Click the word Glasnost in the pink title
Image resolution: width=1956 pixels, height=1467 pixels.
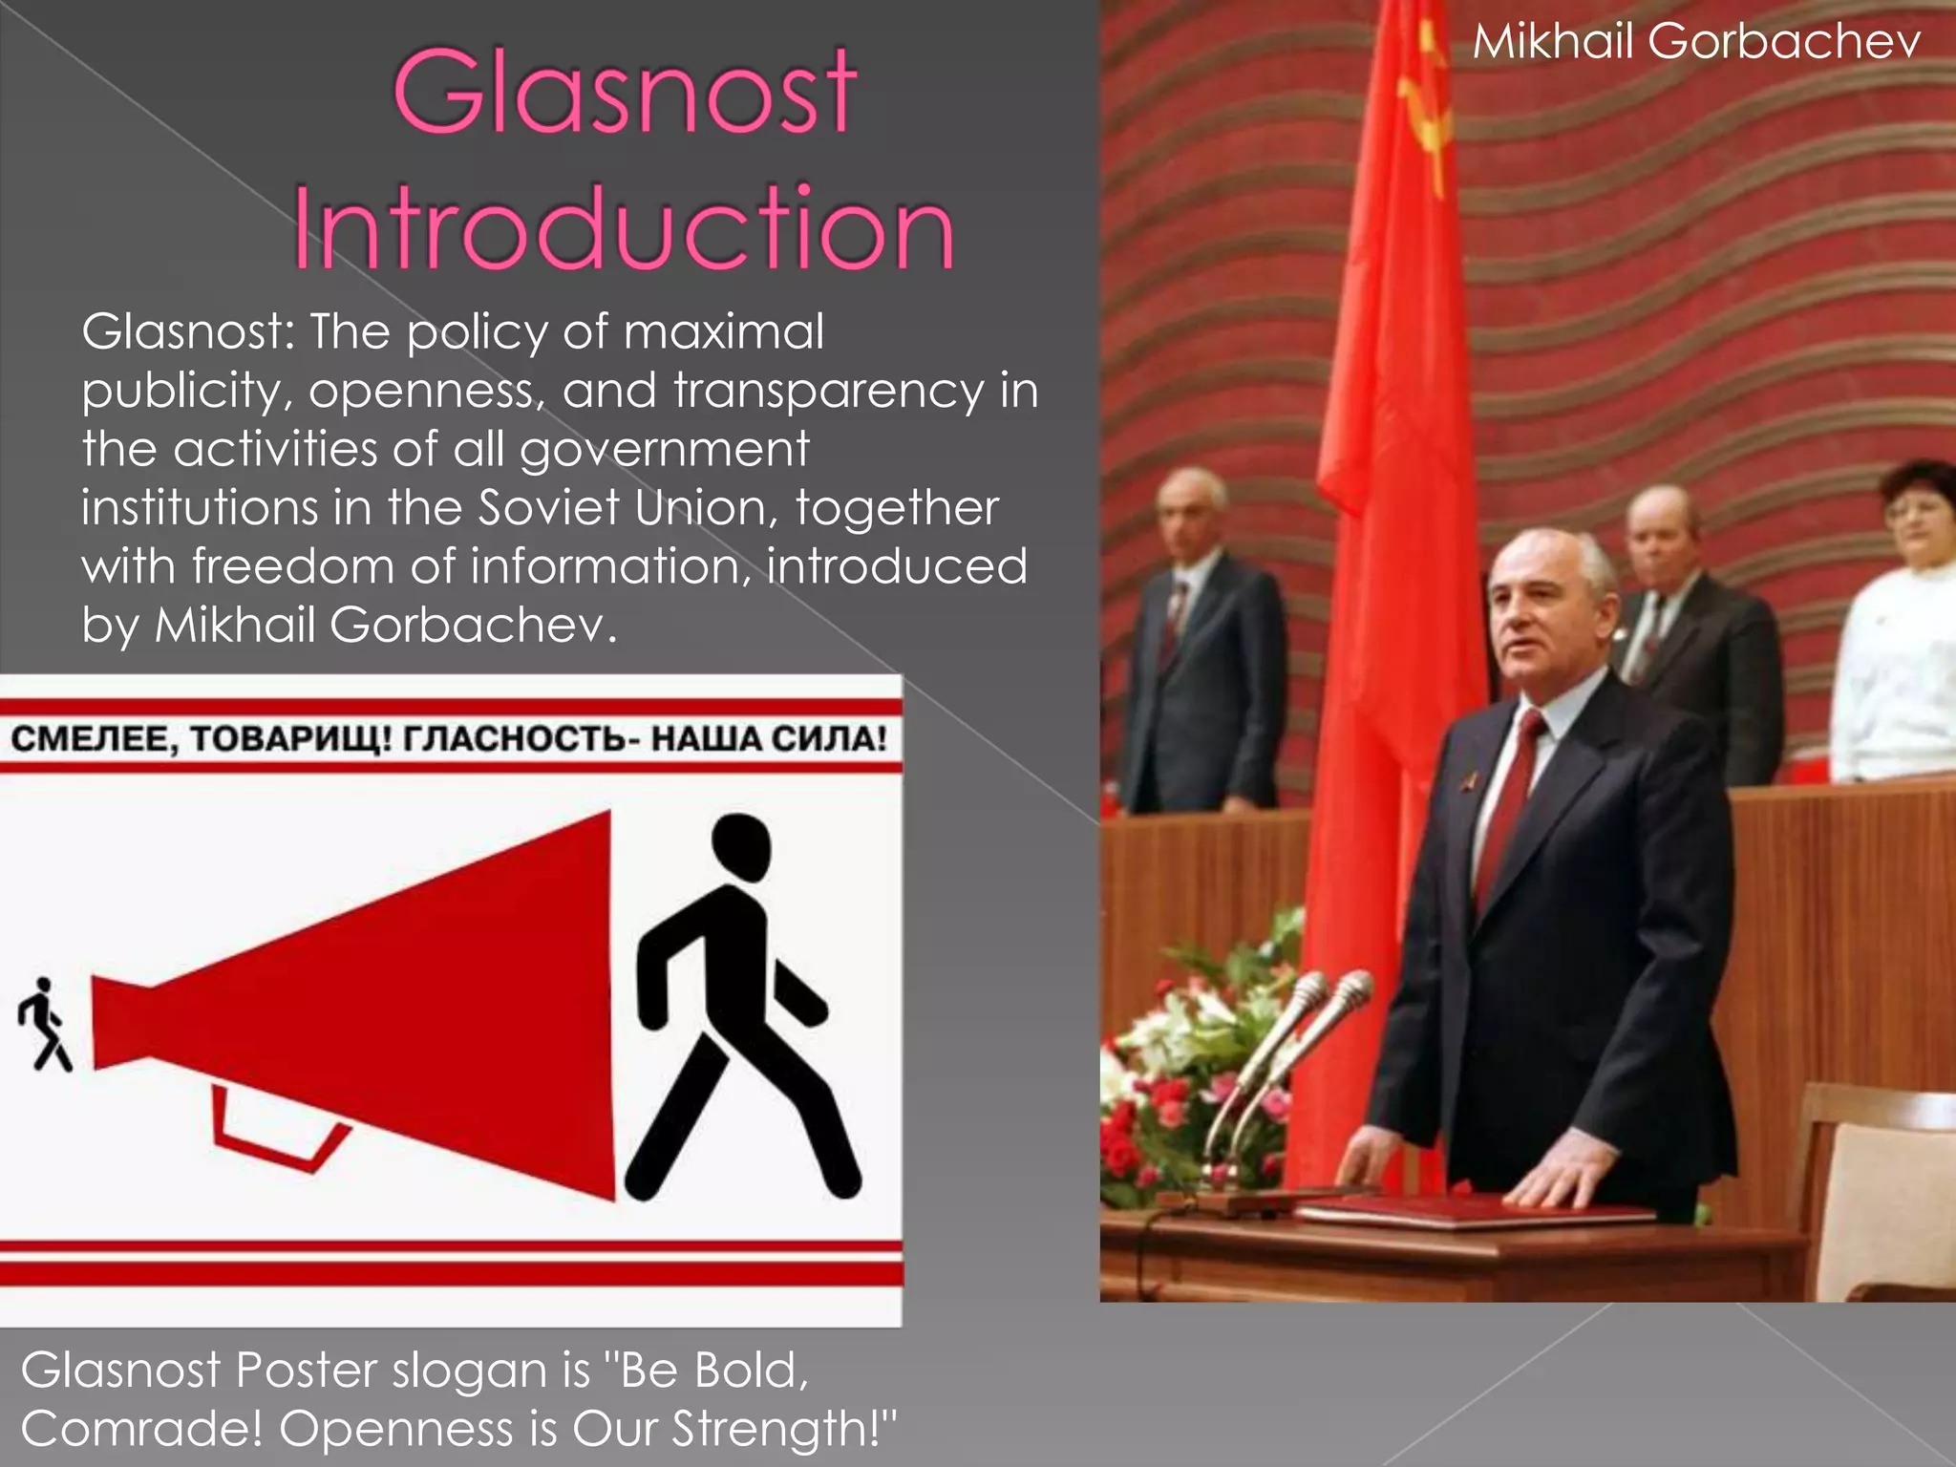626,93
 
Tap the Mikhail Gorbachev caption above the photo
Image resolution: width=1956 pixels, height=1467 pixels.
1696,43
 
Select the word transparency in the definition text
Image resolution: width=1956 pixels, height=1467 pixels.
828,392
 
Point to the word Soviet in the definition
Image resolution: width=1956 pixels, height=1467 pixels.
549,508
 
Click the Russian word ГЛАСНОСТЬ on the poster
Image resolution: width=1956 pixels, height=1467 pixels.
514,739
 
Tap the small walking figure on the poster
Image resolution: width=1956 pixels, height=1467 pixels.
44,1024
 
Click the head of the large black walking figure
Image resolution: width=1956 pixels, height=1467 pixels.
741,846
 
